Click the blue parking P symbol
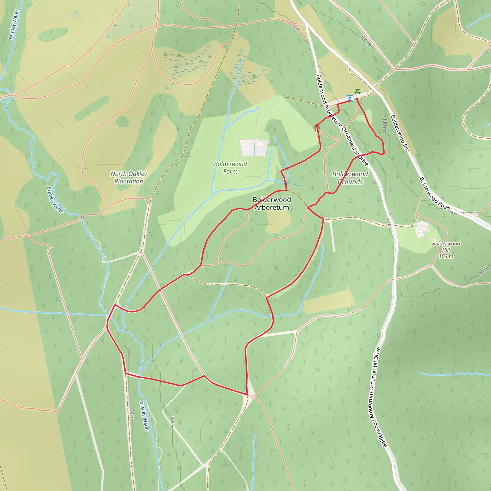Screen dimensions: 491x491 point(350,99)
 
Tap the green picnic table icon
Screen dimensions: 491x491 point(357,92)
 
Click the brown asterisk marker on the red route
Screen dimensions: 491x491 point(317,128)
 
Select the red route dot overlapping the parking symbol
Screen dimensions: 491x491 point(348,101)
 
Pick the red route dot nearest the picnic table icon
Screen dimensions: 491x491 point(357,99)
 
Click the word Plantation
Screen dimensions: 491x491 point(129,181)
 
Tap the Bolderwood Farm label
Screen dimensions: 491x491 point(230,168)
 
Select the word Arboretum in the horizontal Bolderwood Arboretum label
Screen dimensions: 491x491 point(272,208)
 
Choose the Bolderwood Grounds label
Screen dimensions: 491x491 point(350,178)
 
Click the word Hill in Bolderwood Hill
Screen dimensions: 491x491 point(446,250)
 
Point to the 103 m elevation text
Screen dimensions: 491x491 point(446,256)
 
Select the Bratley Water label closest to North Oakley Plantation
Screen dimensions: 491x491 point(55,200)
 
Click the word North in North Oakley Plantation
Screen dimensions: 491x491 point(118,174)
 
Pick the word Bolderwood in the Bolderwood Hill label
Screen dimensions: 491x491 point(446,244)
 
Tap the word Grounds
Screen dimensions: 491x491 point(350,182)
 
